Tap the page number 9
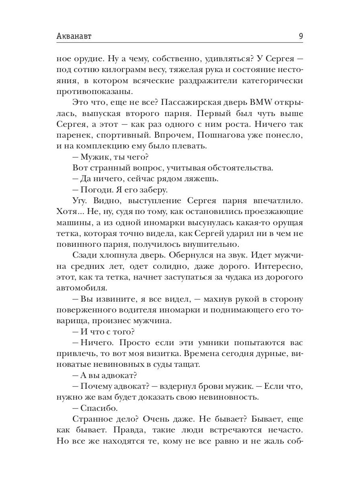click(300, 36)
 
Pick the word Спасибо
click(99, 408)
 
